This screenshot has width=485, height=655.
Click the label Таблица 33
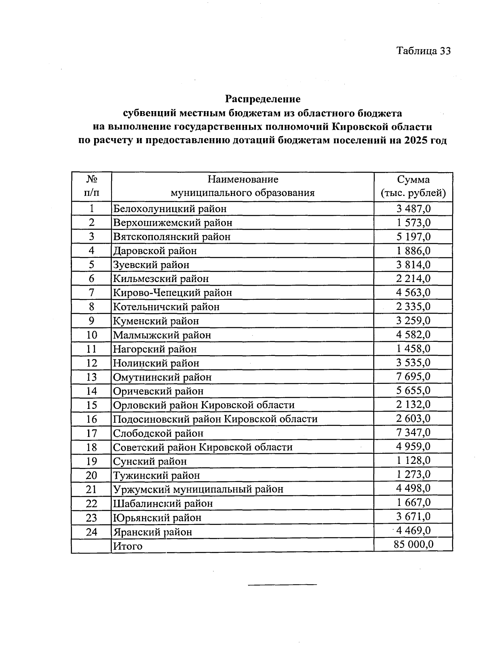[423, 51]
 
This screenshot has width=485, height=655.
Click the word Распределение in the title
[263, 99]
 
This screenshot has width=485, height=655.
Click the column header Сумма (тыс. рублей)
[413, 186]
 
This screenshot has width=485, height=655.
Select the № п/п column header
[91, 186]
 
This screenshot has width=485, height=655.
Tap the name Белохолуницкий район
[170, 209]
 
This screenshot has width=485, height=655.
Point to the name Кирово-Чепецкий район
[173, 293]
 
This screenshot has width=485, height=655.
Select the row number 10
[92, 335]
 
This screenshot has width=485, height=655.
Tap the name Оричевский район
[158, 391]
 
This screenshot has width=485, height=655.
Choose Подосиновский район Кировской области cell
[215, 419]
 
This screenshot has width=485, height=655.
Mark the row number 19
[92, 461]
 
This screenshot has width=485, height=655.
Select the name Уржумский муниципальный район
[198, 489]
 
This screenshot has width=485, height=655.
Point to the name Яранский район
[152, 532]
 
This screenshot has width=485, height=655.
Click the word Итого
[128, 546]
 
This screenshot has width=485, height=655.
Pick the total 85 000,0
[413, 544]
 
